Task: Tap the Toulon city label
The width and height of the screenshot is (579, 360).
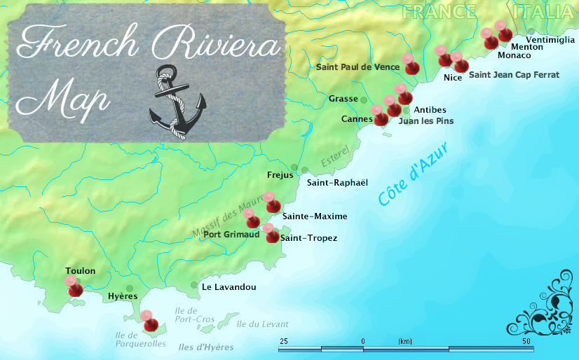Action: pos(80,271)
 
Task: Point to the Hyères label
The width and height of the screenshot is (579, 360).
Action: pos(123,297)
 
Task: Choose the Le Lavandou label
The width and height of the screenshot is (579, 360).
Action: pos(229,287)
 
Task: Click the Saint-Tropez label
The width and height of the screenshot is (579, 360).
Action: pos(308,239)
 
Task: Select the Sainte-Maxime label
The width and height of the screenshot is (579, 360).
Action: pos(315,216)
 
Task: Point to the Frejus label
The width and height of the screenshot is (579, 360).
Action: pos(280,175)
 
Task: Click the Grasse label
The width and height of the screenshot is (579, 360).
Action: pos(343,99)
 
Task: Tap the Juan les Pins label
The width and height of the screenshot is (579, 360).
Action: pos(425,121)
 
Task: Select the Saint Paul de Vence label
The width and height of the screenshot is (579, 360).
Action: pos(357,67)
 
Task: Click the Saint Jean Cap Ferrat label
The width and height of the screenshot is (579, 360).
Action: pos(514,74)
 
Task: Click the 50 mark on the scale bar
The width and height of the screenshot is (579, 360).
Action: pos(526,341)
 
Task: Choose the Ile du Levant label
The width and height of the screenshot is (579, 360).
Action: pos(262,324)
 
